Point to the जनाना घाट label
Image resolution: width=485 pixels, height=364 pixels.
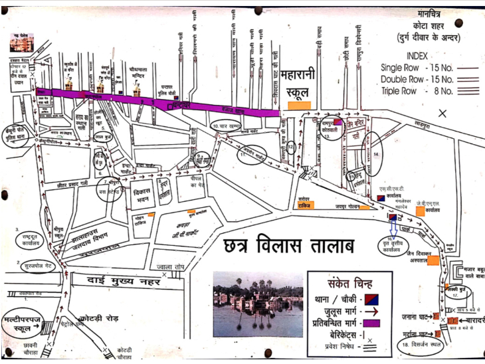[415, 315]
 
